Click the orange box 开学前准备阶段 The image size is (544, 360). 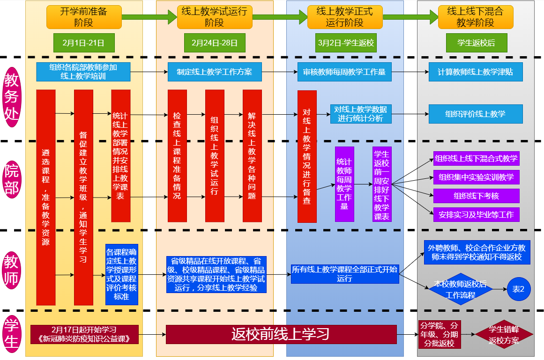84,17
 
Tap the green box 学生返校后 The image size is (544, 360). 476,43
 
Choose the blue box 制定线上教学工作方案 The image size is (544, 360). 215,72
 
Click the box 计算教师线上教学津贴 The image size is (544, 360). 476,72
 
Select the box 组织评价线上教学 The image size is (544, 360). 476,114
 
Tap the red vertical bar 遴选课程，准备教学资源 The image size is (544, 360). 46,197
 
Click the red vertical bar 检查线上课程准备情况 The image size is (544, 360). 177,155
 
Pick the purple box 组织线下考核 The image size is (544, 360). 476,196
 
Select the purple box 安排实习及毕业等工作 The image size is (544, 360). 476,215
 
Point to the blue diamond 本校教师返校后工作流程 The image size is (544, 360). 460,289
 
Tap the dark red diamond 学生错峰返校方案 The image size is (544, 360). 504,335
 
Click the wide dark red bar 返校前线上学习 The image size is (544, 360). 281,334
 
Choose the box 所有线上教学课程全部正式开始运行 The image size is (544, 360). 344,274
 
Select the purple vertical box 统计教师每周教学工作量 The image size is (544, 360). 344,184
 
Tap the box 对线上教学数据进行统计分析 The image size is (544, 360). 360,114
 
